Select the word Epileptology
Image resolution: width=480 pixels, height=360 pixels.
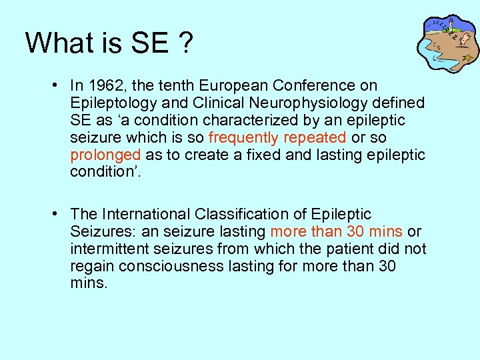pyautogui.click(x=109, y=103)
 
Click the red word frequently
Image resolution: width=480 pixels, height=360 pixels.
pyautogui.click(x=243, y=138)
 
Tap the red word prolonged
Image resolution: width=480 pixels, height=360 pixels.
pyautogui.click(x=105, y=155)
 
